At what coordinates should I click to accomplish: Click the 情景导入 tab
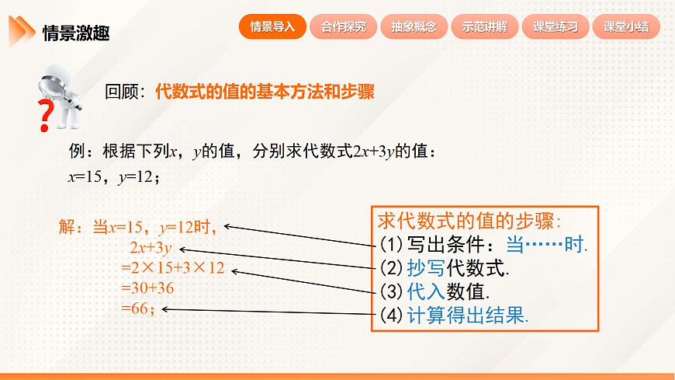272,26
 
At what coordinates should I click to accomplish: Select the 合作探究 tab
343,26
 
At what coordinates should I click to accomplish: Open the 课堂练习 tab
556,26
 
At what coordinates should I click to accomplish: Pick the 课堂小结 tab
626,26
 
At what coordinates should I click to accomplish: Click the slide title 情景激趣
75,33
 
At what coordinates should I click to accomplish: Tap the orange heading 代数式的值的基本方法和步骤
265,92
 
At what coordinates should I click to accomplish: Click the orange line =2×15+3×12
172,269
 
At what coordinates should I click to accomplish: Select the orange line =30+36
147,288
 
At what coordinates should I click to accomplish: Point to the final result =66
138,309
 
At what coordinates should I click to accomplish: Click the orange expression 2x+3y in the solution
151,249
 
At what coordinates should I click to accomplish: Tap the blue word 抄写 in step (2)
424,269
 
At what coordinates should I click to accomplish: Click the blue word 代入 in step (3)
424,292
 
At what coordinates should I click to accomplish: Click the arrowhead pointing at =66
165,309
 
